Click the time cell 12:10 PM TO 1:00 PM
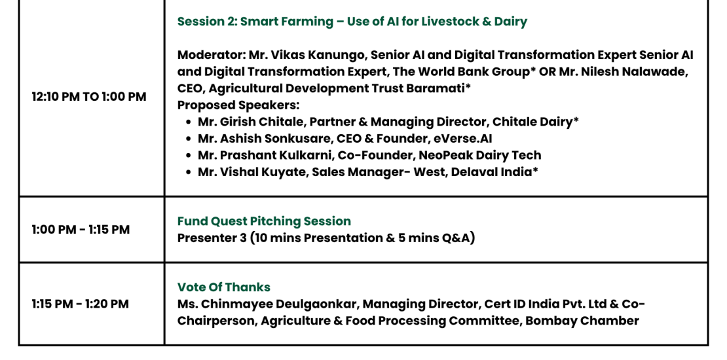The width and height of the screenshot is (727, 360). coord(89,97)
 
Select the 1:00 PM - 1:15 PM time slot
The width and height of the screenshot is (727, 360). coord(81,229)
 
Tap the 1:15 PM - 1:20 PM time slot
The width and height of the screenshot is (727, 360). coord(80,304)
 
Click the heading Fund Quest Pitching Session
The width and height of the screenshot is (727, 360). coord(265,221)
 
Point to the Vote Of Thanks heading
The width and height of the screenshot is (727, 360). coord(224,287)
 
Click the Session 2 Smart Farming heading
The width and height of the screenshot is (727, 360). coord(352,22)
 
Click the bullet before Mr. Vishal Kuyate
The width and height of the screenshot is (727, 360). coord(188,172)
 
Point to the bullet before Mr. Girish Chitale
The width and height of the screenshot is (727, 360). coord(188,122)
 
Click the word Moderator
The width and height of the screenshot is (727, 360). coord(211,55)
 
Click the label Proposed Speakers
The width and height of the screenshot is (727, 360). coord(238,105)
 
